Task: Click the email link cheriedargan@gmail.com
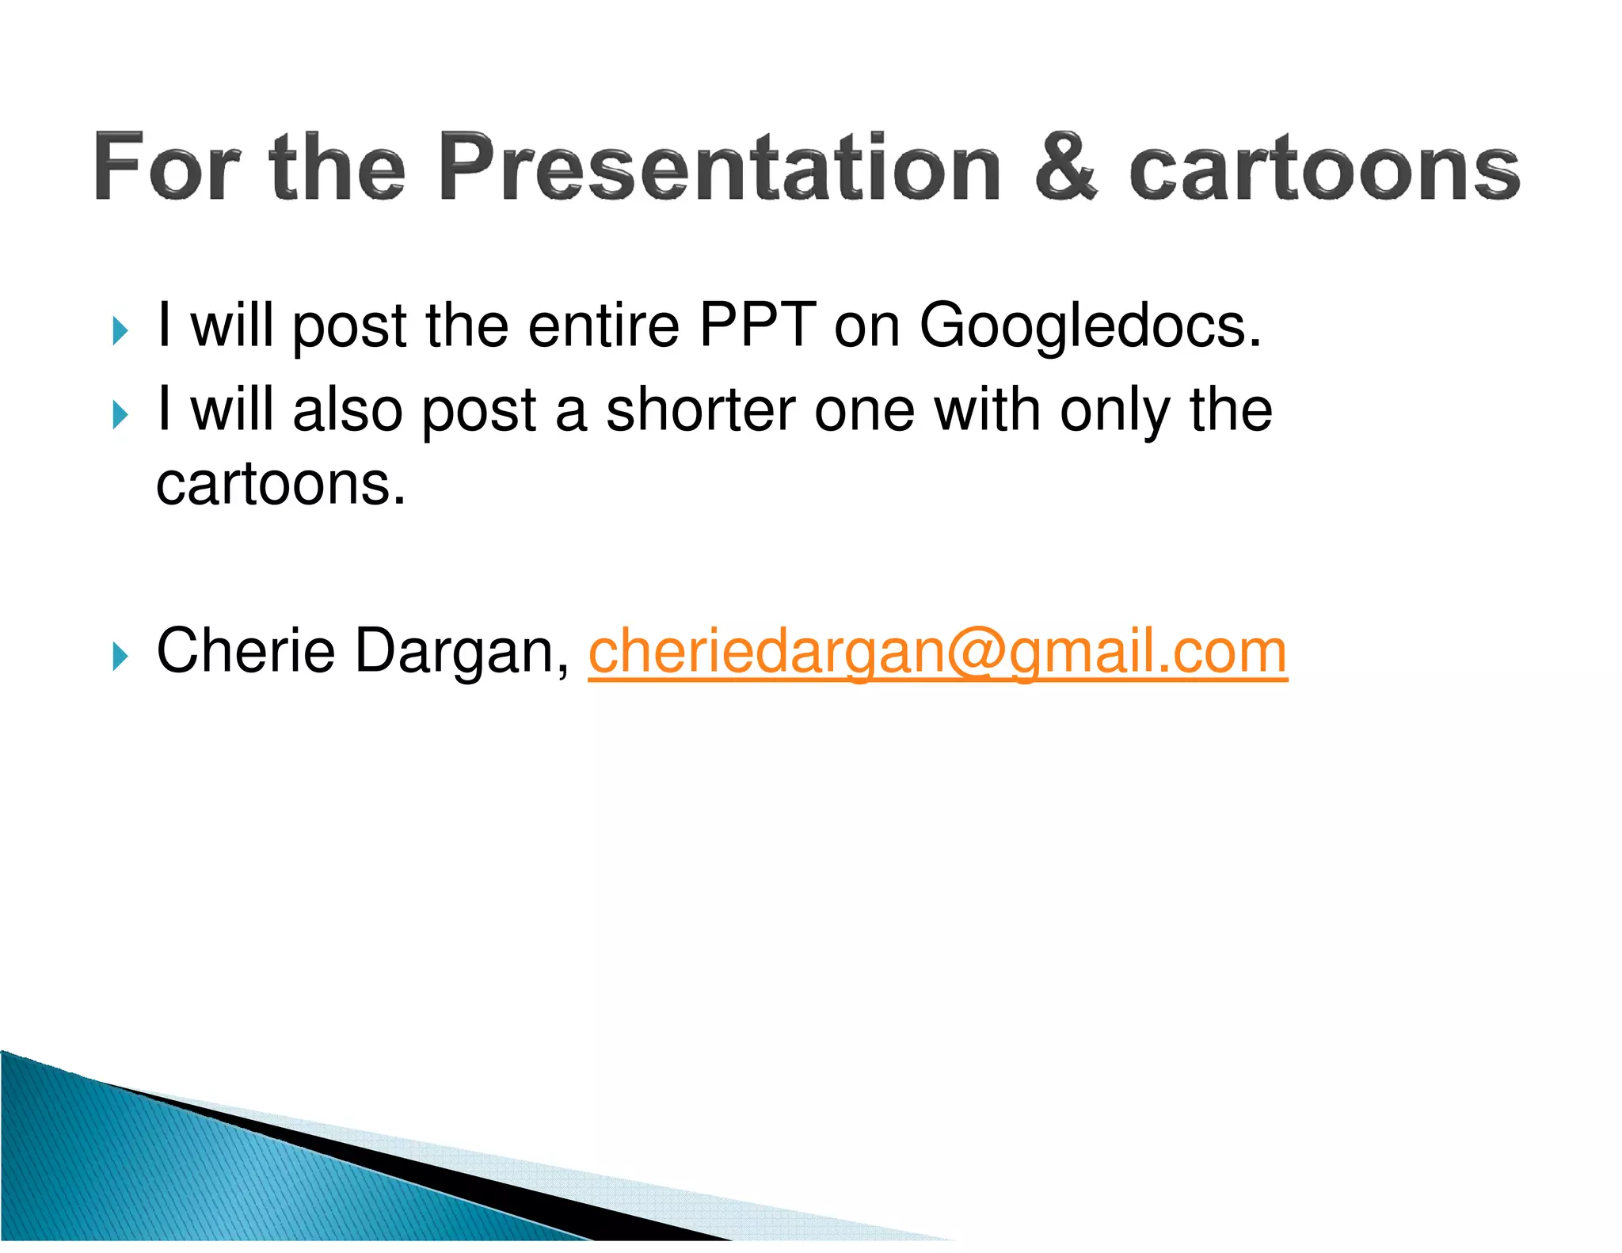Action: pos(938,652)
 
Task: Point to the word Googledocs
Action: pos(1090,326)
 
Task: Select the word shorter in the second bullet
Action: pos(700,409)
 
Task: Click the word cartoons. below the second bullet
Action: pos(280,485)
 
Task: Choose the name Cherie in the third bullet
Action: pos(246,651)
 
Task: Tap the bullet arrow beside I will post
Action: pos(120,330)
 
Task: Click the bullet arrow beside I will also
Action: pos(120,414)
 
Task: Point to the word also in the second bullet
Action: pos(347,409)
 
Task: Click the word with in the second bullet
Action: pos(987,409)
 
